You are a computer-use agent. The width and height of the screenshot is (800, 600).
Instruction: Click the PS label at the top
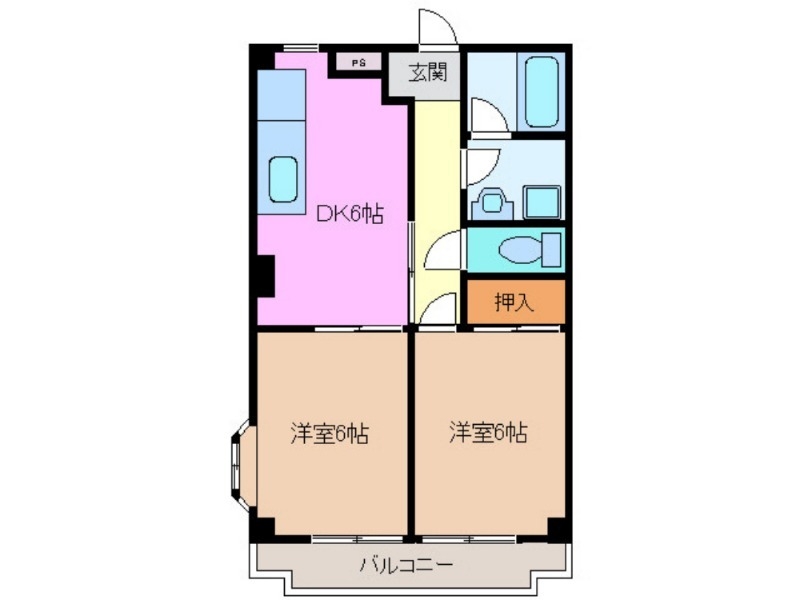[358, 62]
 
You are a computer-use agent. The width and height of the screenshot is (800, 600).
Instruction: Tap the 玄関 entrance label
[426, 72]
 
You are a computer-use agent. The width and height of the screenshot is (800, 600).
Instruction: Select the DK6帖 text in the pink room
[350, 214]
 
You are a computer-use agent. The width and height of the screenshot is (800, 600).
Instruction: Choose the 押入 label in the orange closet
[515, 302]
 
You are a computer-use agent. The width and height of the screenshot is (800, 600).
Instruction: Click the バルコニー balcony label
[406, 566]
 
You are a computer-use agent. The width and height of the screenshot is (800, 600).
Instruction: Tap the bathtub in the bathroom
[541, 92]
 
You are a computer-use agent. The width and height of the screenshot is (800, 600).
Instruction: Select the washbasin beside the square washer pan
[492, 203]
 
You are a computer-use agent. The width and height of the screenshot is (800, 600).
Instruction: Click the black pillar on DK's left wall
[264, 275]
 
